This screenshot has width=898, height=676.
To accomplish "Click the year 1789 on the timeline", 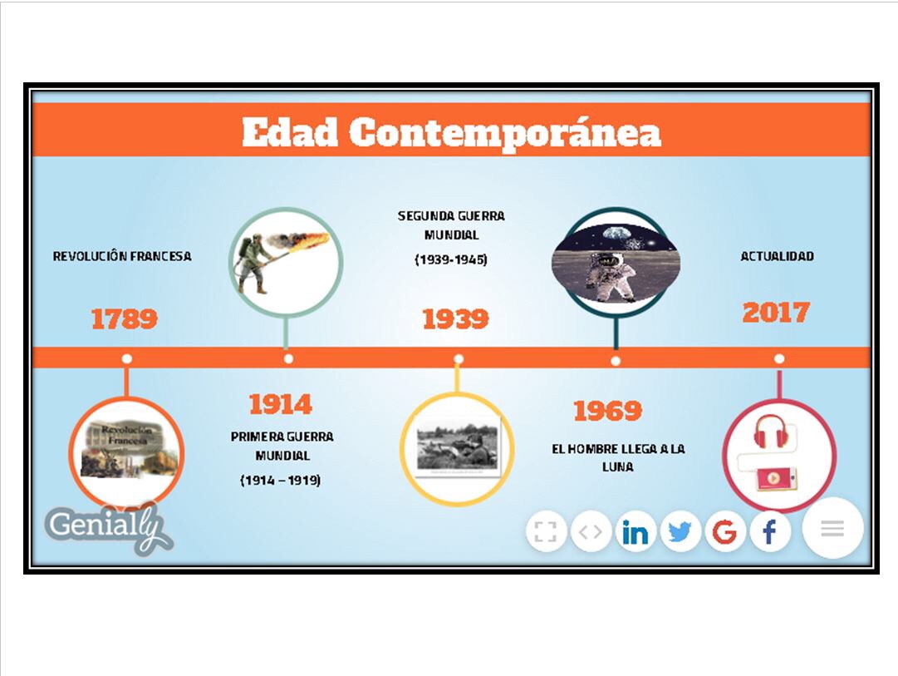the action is (x=125, y=318).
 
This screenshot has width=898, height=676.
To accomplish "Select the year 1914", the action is (x=281, y=404).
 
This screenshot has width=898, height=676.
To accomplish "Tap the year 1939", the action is (x=456, y=318).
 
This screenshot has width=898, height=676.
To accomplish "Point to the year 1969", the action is (x=607, y=411).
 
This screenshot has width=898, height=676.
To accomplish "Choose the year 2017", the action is (x=776, y=313).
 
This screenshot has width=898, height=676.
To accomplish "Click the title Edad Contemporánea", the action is (x=451, y=132).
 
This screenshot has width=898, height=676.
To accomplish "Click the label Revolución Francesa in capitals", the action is (x=122, y=256).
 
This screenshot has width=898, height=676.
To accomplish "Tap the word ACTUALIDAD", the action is (x=778, y=256).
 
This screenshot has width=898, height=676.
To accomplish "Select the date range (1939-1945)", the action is (x=451, y=259).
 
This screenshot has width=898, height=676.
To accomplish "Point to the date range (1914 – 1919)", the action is (x=281, y=480).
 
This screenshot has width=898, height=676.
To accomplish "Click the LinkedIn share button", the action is (x=635, y=532).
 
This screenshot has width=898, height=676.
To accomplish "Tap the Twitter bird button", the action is (x=680, y=532).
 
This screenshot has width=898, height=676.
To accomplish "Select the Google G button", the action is (x=724, y=532).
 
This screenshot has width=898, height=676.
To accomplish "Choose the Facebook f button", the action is (x=770, y=532).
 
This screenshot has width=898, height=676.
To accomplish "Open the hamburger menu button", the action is (x=832, y=528).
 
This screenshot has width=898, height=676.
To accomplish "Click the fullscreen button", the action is (x=546, y=532).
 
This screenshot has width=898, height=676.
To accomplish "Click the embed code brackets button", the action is (x=591, y=532).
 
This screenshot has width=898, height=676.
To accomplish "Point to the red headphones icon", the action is (x=770, y=432).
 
